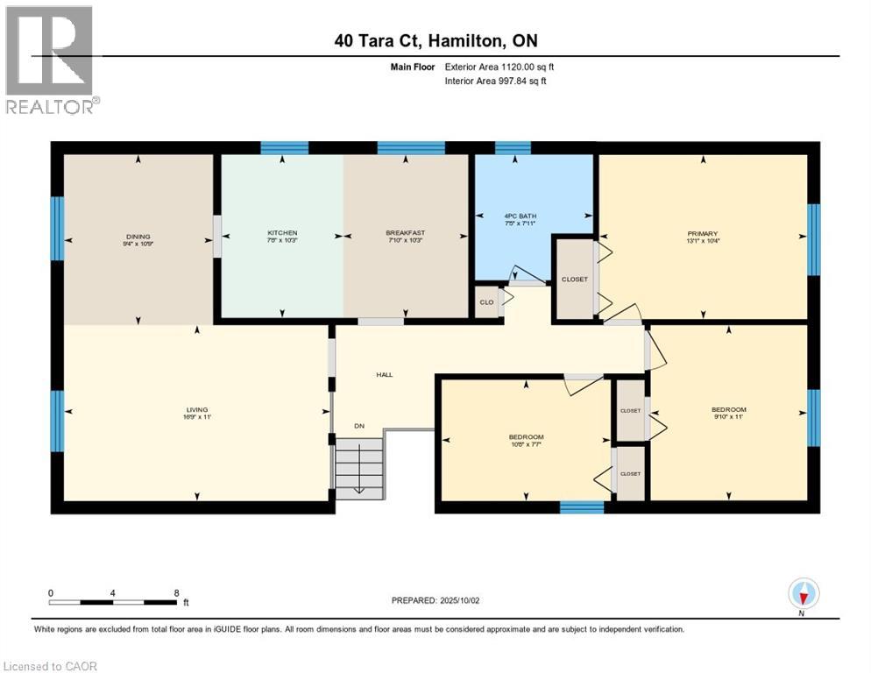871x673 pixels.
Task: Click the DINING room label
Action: (x=138, y=236)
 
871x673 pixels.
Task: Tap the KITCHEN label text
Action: (x=282, y=233)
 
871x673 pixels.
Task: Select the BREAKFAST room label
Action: (x=405, y=233)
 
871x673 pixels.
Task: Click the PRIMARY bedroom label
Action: (x=702, y=233)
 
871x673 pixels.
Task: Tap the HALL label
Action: (x=384, y=374)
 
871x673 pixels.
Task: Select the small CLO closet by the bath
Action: (x=485, y=301)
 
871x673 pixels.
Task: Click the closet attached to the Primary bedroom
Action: (x=574, y=279)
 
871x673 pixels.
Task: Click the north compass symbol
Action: (x=803, y=593)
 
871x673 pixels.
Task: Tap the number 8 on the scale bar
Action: (x=177, y=592)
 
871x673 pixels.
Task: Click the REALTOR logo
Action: (x=51, y=60)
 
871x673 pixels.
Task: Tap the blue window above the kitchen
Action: (x=284, y=147)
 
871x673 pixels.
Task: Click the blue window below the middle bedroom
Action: (x=581, y=507)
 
